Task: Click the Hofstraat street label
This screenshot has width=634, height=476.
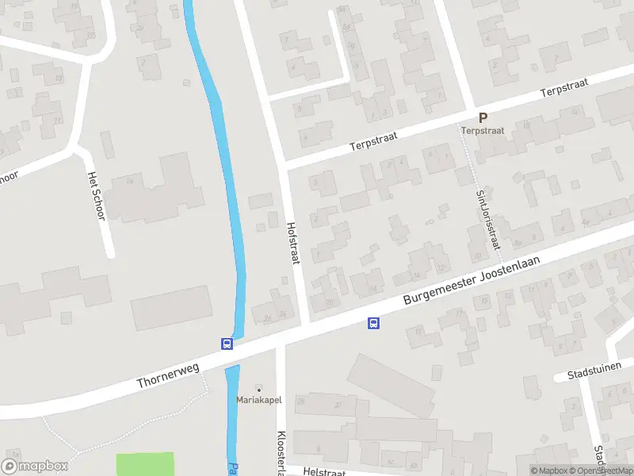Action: point(292,243)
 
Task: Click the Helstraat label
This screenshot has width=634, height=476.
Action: point(325,472)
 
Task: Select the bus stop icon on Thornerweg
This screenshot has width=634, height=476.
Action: point(227,344)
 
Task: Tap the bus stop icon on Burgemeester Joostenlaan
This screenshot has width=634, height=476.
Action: point(373,323)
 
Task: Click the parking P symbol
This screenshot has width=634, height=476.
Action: point(483,117)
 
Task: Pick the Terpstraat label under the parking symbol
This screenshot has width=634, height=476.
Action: point(483,130)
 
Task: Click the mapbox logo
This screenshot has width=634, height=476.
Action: point(35,466)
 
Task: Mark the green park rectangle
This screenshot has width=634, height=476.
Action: point(145,464)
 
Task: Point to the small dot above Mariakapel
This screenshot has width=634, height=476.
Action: point(258,389)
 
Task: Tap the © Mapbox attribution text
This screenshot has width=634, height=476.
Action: point(548,470)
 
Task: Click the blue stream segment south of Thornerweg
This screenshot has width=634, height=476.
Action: point(231,413)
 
